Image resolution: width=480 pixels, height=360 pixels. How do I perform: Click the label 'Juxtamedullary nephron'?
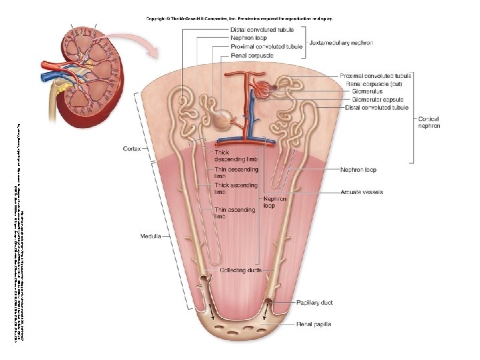(x=341, y=43)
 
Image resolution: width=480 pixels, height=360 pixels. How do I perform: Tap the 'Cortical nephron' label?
(x=429, y=123)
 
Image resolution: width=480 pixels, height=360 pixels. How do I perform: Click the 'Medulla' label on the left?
(x=151, y=236)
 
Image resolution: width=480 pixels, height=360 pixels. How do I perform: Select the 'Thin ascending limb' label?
(x=234, y=213)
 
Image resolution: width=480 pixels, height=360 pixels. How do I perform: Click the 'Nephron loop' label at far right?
(x=357, y=170)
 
